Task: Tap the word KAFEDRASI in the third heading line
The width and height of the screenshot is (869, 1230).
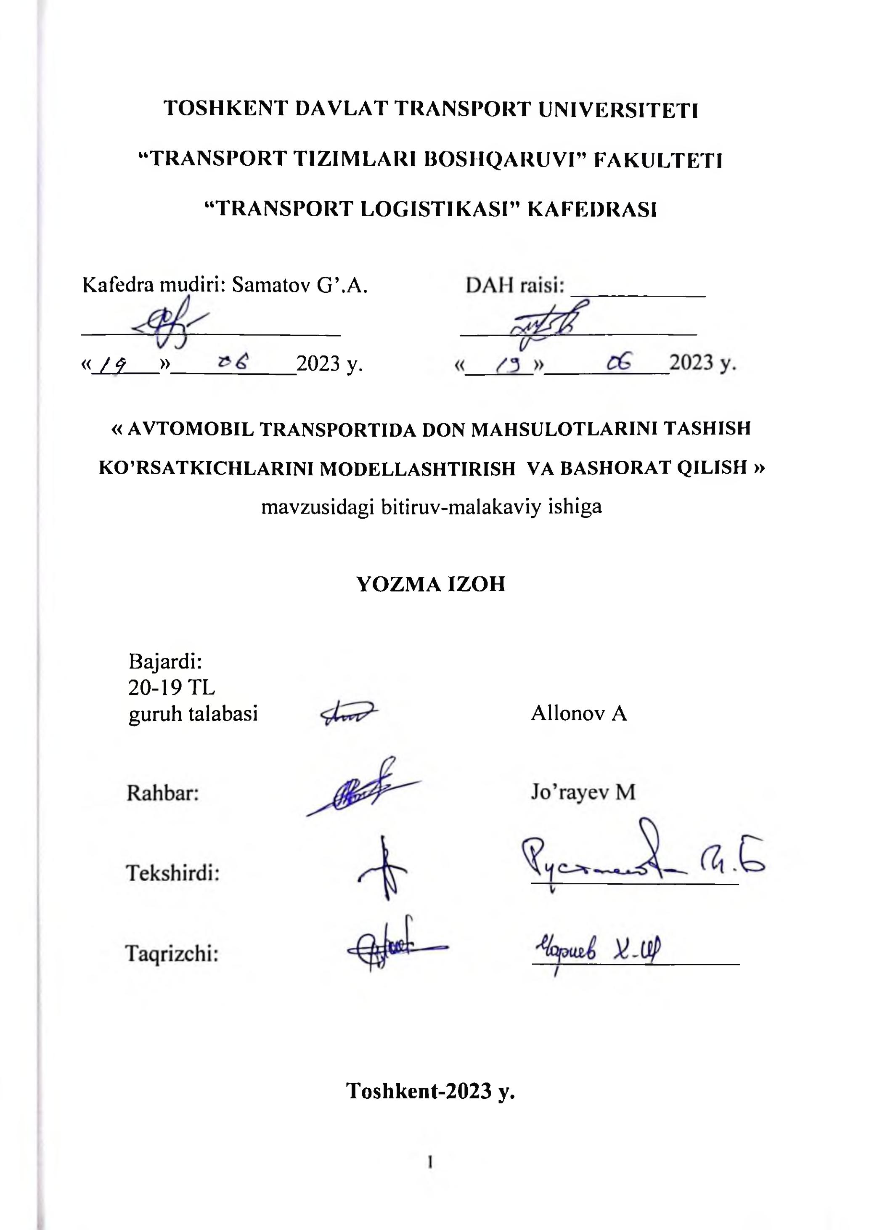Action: [592, 209]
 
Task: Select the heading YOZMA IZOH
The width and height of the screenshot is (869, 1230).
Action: [431, 583]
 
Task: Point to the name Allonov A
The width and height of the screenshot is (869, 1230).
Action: [579, 713]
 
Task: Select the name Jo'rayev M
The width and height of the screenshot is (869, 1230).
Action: [583, 792]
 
